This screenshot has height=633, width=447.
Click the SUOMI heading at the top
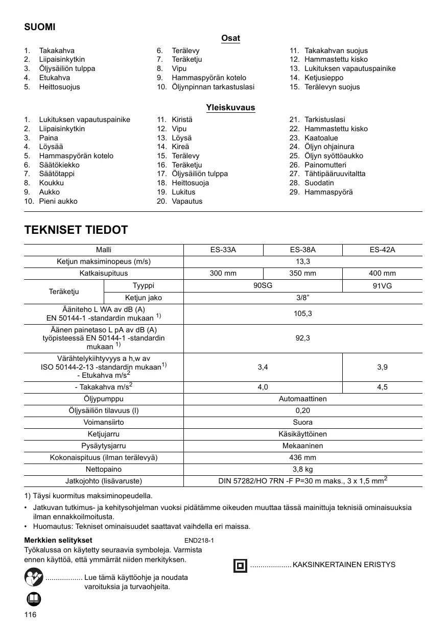pyautogui.click(x=40, y=27)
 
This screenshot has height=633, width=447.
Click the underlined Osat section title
pyautogui.click(x=230, y=38)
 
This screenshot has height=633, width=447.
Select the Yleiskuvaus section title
pyautogui.click(x=230, y=108)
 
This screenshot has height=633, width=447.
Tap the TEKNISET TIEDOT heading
pyautogui.click(x=76, y=230)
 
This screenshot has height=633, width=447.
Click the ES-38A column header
pyautogui.click(x=303, y=250)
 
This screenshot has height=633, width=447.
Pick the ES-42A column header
pyautogui.click(x=383, y=250)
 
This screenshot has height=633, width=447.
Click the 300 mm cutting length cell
pyautogui.click(x=223, y=274)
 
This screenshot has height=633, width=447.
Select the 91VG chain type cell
pyautogui.click(x=383, y=286)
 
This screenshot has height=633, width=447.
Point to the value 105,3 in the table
pyautogui.click(x=303, y=313)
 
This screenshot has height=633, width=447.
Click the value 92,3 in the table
pyautogui.click(x=303, y=338)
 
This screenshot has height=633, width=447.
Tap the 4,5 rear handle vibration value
pyautogui.click(x=383, y=387)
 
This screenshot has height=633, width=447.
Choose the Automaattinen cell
pyautogui.click(x=303, y=399)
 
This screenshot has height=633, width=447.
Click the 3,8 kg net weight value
pyautogui.click(x=303, y=469)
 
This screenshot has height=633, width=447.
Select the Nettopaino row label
pyautogui.click(x=104, y=469)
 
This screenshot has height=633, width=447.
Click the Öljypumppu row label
pyautogui.click(x=104, y=399)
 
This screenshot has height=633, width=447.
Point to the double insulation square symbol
pyautogui.click(x=240, y=566)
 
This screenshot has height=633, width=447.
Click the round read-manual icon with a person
pyautogui.click(x=33, y=578)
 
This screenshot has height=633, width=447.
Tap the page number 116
pyautogui.click(x=31, y=615)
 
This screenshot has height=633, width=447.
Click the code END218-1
pyautogui.click(x=199, y=540)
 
